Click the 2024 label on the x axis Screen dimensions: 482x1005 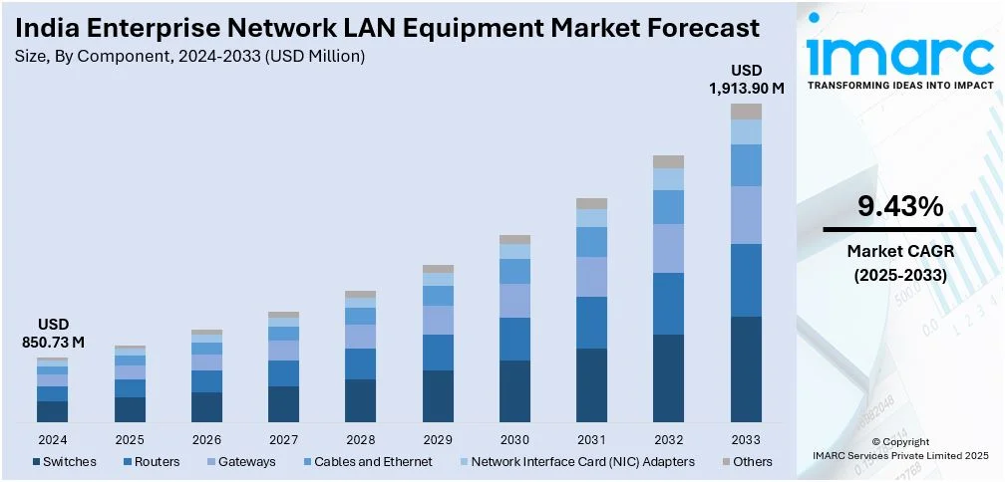pyautogui.click(x=52, y=439)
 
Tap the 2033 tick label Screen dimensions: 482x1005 pyautogui.click(x=746, y=439)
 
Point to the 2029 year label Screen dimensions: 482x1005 pyautogui.click(x=438, y=439)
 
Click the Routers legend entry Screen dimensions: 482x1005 pyautogui.click(x=155, y=461)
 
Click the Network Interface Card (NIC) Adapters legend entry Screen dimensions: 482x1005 pyautogui.click(x=580, y=461)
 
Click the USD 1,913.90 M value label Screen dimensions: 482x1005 pyautogui.click(x=746, y=79)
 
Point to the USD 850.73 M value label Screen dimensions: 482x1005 pyautogui.click(x=52, y=334)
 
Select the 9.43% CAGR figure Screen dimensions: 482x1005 pyautogui.click(x=900, y=207)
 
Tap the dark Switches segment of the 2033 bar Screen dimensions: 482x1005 pyautogui.click(x=746, y=368)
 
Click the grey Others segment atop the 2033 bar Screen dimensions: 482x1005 pyautogui.click(x=746, y=111)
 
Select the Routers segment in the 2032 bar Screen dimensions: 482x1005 pyautogui.click(x=668, y=304)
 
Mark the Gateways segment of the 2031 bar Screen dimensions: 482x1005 pyautogui.click(x=591, y=277)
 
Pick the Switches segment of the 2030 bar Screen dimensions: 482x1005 pyautogui.click(x=514, y=390)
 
